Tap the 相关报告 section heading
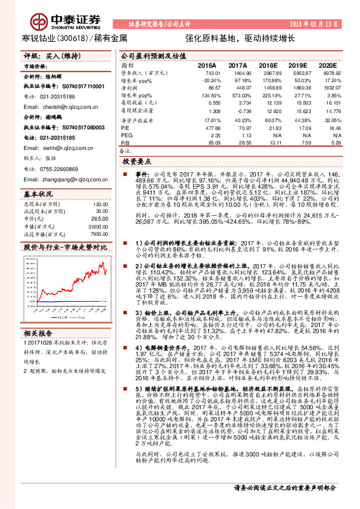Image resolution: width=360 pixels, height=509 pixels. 38,333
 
